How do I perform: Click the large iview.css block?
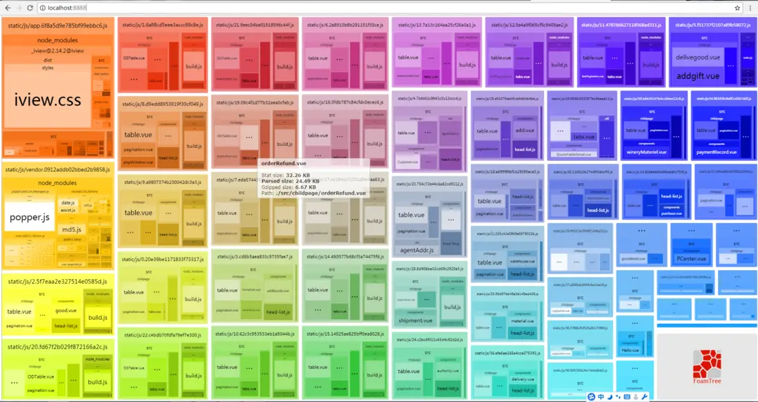pos(48,99)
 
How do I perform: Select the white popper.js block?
pos(29,217)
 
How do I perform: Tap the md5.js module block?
pos(72,229)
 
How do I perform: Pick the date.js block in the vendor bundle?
pos(68,202)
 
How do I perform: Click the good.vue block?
pos(66,311)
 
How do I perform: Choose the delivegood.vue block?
pos(697,57)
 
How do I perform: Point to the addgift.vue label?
pos(697,76)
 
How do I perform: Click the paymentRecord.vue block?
pos(717,152)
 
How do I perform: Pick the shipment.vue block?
pos(415,320)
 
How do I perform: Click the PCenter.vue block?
pos(691,259)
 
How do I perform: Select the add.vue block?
pos(523,131)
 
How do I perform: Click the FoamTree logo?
pos(706,366)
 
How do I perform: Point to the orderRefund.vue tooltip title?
pos(283,164)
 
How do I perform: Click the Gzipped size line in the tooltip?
pos(289,187)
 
